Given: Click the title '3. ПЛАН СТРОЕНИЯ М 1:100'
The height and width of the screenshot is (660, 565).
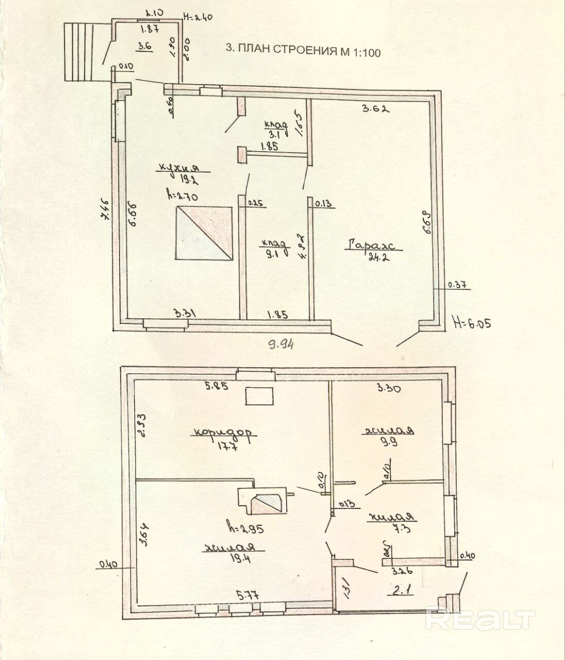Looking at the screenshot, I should (303, 51).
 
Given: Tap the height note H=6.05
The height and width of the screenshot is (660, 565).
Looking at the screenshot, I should (471, 323).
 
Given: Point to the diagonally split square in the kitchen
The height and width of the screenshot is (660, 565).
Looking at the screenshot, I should (204, 234).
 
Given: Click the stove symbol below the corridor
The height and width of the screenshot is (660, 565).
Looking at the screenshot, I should (263, 500).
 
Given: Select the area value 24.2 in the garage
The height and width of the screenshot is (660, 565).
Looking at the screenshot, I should (378, 257).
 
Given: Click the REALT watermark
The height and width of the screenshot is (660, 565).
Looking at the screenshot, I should (480, 619).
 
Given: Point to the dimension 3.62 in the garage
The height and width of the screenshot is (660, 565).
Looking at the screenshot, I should (374, 109).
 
